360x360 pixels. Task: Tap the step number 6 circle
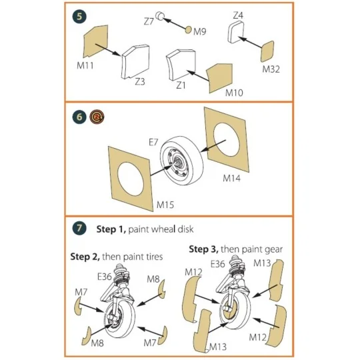pos(79,117)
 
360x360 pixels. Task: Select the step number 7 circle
pos(79,229)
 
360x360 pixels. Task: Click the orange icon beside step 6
pos(95,117)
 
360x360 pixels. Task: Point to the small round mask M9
pos(189,29)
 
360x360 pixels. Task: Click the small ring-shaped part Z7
pos(161,16)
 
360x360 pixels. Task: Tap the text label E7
pos(154,141)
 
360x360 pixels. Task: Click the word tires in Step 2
pos(155,257)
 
